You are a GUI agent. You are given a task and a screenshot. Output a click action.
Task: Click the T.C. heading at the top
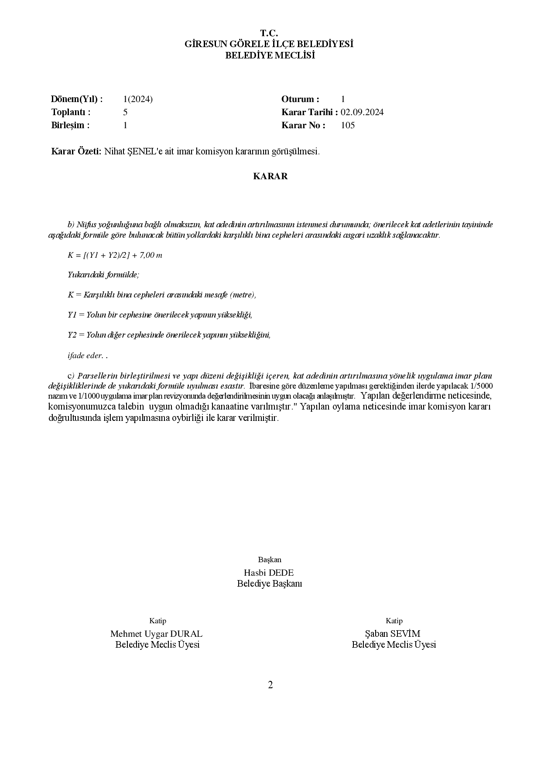269,33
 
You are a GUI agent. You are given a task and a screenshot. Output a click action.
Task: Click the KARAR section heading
270,176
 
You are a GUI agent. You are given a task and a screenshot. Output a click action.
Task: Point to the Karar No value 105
348,125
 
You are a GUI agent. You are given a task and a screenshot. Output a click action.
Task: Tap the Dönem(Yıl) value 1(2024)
138,99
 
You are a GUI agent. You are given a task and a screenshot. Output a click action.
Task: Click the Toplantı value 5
125,112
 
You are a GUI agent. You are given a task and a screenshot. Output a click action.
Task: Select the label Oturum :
301,99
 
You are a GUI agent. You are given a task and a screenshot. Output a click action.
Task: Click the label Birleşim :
70,125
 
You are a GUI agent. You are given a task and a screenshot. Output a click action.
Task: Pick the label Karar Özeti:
76,151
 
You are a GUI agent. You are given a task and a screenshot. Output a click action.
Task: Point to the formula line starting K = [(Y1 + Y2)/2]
115,255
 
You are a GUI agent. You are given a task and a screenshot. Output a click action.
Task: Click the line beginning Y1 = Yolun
160,314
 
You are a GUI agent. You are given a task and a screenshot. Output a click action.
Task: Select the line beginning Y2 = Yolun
169,335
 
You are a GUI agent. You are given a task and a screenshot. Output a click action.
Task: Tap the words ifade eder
86,355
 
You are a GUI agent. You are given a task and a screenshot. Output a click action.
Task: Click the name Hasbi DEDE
269,573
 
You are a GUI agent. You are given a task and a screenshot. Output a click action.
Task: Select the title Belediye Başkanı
269,584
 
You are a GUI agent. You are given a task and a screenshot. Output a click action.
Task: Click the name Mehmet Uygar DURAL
156,634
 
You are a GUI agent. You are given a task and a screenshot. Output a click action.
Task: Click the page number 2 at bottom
270,685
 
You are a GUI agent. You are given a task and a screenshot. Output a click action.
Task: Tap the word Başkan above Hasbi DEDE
270,560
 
